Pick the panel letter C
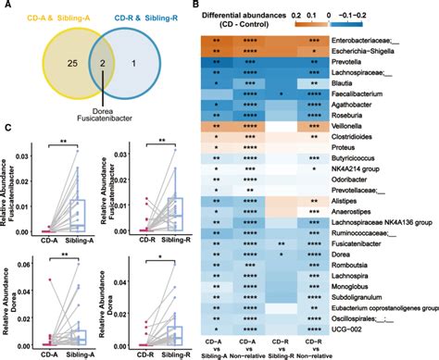pos(7,130)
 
